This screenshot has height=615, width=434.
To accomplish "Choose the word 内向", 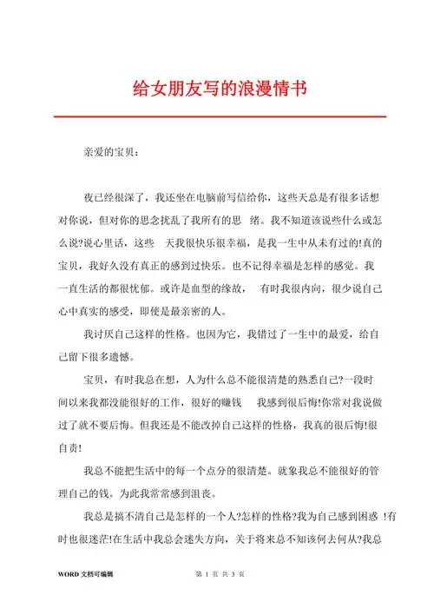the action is [322, 288].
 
